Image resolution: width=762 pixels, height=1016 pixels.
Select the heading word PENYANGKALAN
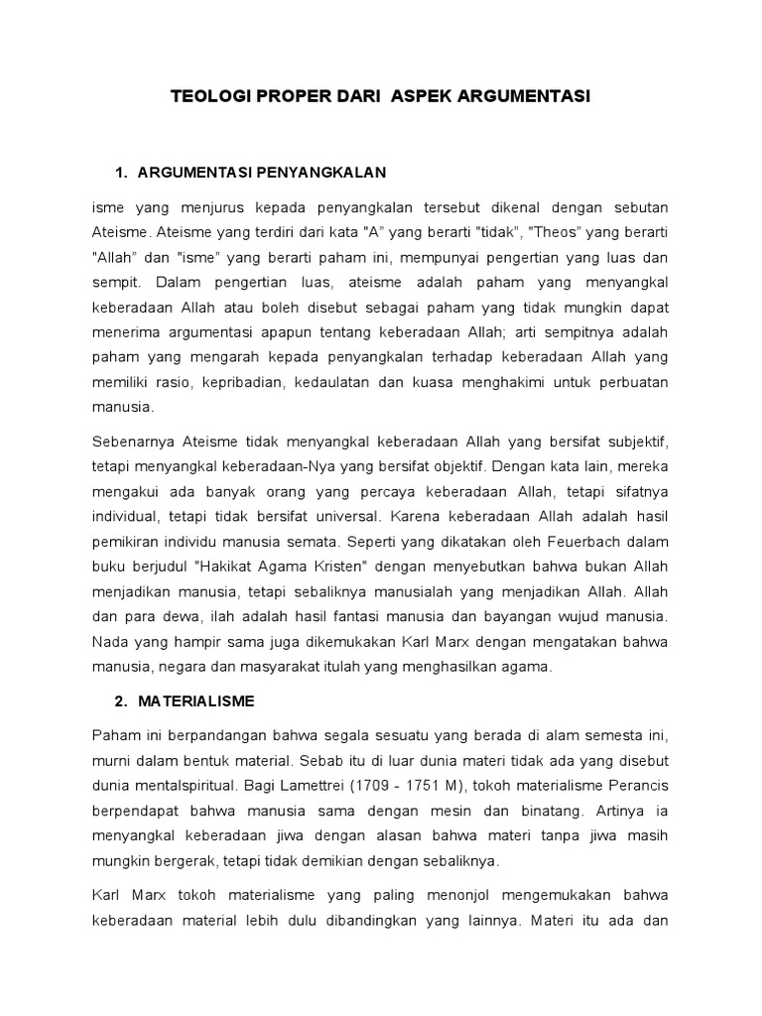click(320, 174)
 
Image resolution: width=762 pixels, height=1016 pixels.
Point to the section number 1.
click(120, 174)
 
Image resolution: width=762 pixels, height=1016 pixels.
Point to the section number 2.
click(120, 700)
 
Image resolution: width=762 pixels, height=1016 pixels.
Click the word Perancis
click(637, 786)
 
